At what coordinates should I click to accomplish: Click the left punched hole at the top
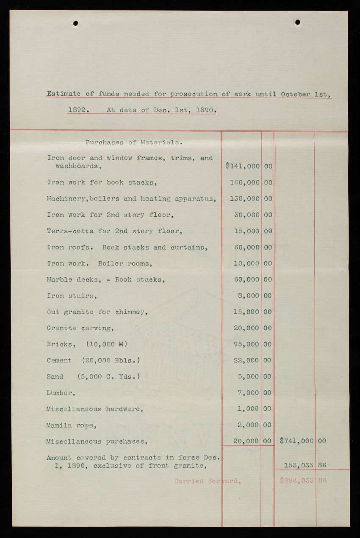tap(75, 23)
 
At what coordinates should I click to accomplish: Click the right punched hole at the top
tap(297, 22)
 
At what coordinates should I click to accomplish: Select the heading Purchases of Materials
tap(134, 142)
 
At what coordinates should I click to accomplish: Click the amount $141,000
tap(243, 166)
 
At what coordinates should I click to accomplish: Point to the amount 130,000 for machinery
tap(244, 199)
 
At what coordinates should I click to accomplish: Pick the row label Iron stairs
tap(72, 296)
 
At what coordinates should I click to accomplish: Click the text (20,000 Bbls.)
tap(111, 360)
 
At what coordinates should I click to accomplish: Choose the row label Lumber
tap(61, 393)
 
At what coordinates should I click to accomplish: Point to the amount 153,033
tap(298, 465)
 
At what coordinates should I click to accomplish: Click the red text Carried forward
tap(207, 481)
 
